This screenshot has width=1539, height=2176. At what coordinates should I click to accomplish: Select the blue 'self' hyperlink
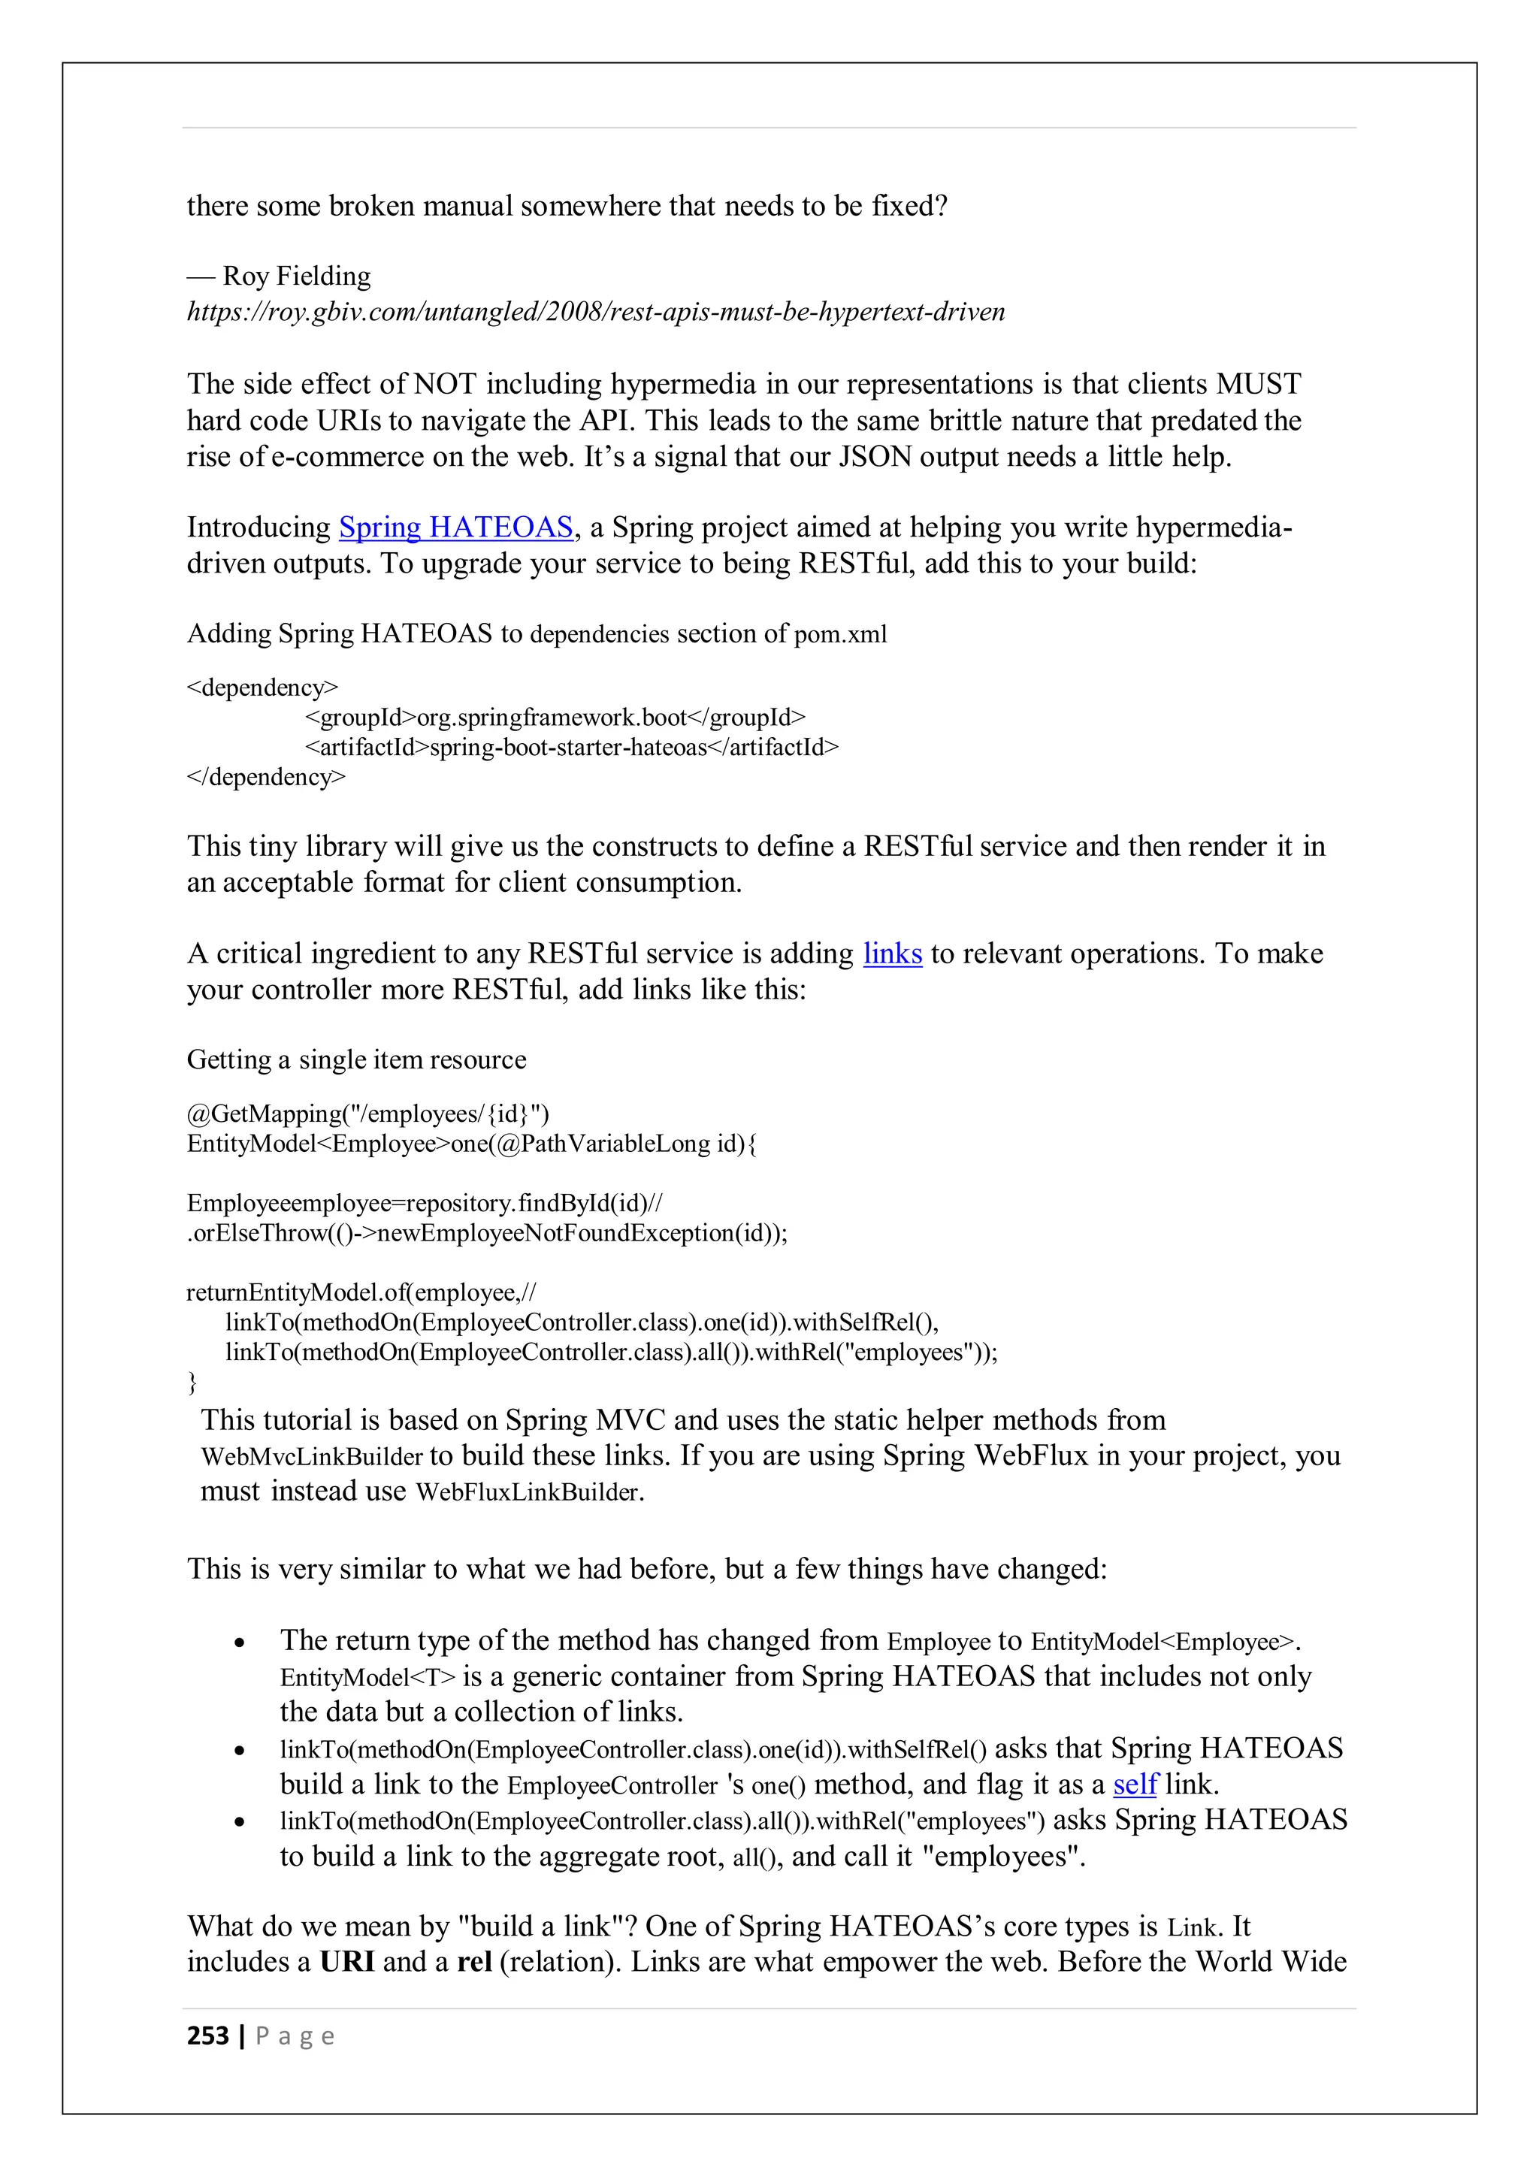(1135, 1784)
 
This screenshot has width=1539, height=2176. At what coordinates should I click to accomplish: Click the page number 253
(207, 2035)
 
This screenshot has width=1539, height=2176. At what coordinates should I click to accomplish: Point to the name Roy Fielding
(297, 276)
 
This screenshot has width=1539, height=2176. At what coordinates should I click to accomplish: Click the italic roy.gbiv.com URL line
(595, 312)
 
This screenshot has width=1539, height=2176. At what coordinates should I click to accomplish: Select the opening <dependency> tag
(262, 687)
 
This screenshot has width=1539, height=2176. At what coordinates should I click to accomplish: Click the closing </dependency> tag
(266, 777)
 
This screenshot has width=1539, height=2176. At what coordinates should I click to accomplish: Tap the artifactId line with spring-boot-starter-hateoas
(571, 747)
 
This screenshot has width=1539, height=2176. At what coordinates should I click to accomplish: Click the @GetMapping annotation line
(367, 1114)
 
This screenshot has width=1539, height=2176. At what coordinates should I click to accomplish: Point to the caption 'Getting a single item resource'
(356, 1059)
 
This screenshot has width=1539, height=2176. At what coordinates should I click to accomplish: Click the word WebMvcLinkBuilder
(312, 1457)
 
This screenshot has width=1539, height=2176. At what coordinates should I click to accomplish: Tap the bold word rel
(474, 1961)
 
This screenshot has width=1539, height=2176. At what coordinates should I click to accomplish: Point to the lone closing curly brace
(192, 1382)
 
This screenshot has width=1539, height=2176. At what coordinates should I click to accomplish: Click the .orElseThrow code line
(487, 1233)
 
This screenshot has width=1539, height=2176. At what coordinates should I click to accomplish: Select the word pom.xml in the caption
(839, 634)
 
